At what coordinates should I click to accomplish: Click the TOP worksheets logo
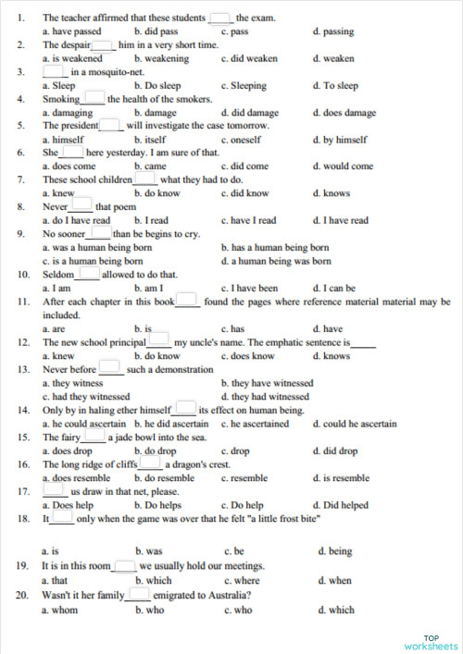431,642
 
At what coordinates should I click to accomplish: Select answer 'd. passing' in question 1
332,31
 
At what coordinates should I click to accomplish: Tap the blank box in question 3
55,71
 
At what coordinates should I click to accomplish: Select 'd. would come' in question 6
343,167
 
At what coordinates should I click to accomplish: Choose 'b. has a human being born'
275,248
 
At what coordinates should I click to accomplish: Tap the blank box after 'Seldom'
89,274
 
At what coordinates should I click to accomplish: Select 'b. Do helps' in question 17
156,506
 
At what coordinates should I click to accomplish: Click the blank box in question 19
125,565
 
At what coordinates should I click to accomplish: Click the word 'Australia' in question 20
228,596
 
